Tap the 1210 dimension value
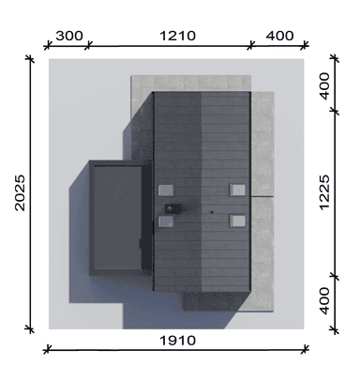(178, 36)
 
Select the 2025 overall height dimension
(20, 204)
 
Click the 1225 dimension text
(323, 205)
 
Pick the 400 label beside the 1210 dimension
(279, 36)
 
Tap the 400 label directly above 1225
(323, 89)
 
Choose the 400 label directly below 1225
(323, 301)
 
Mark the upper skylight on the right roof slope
(238, 189)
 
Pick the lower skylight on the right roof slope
(238, 221)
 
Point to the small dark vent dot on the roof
(212, 214)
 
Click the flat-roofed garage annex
(114, 215)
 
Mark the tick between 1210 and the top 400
(252, 43)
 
